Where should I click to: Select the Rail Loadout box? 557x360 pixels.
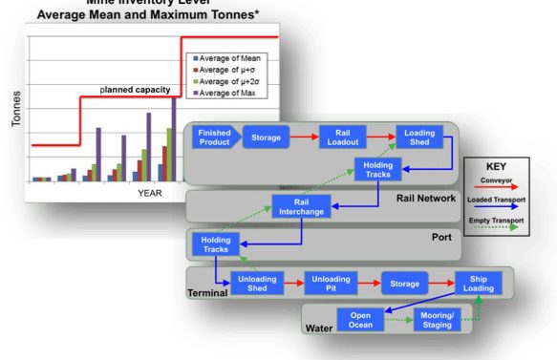click(338, 137)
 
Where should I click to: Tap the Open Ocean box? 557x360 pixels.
click(361, 320)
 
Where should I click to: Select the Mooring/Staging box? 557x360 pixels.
click(435, 320)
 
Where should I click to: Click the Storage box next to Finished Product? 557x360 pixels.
click(266, 137)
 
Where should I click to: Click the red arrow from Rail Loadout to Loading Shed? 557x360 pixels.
click(380, 137)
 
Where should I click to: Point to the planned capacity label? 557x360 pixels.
click(136, 90)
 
